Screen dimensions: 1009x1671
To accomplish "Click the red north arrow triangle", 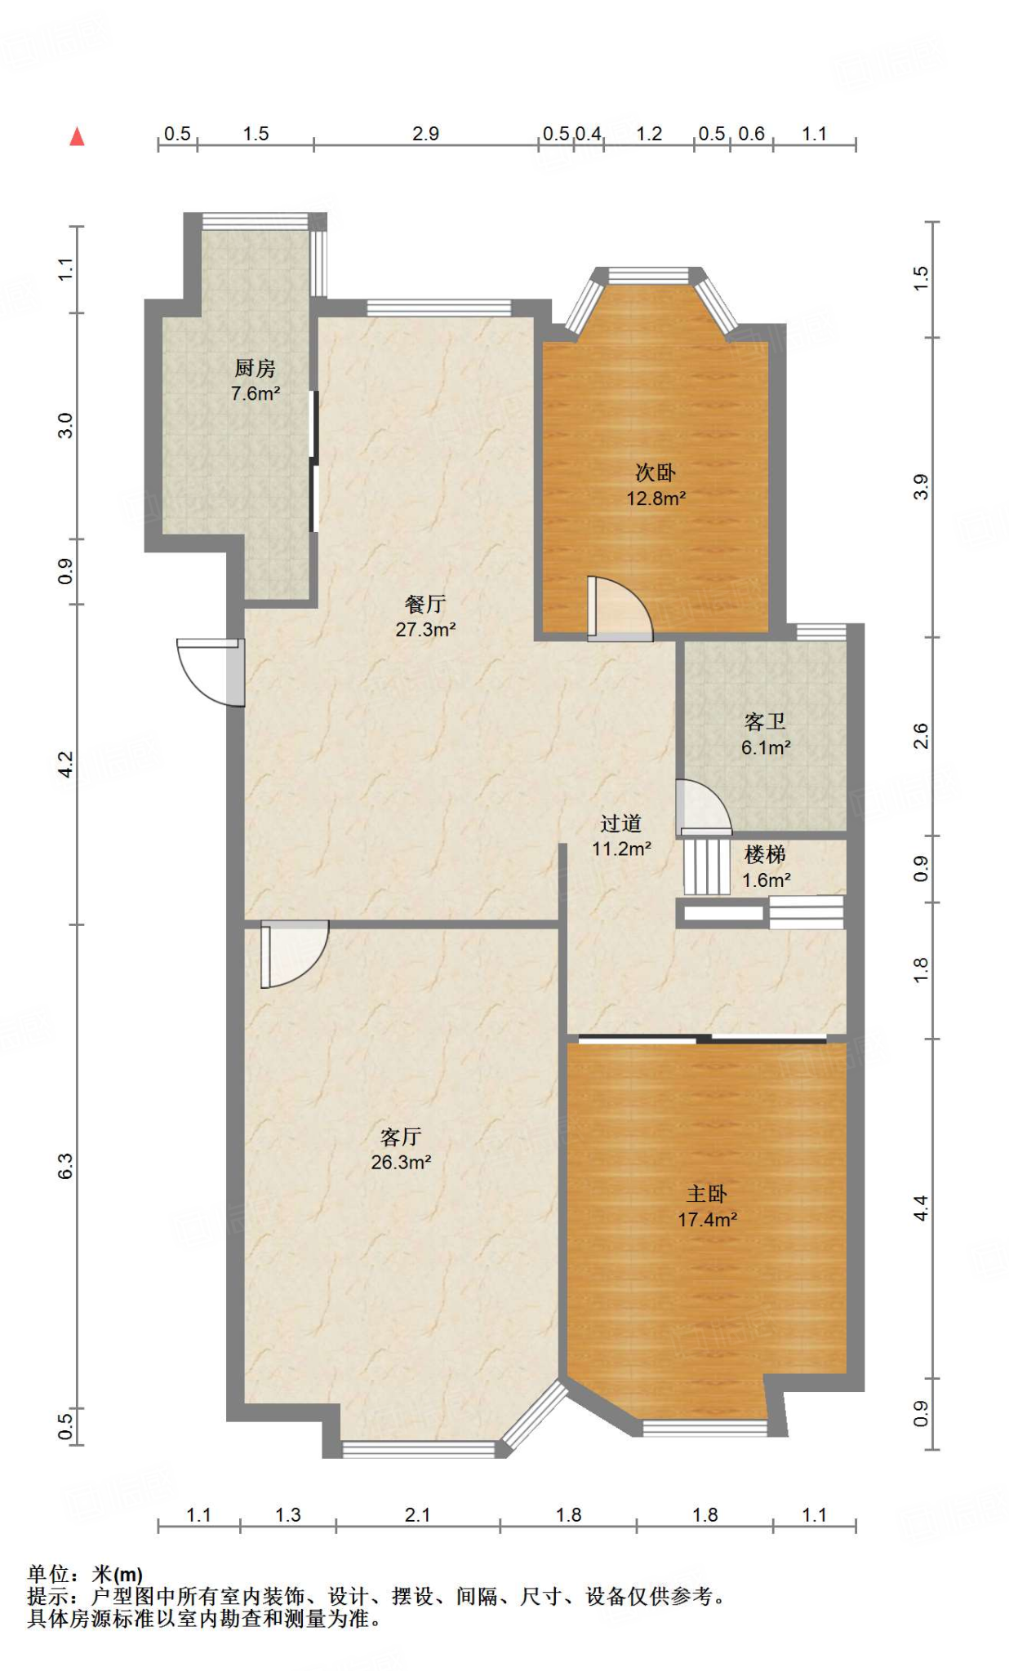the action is (78, 136).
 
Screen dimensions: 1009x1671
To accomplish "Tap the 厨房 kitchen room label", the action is (256, 369).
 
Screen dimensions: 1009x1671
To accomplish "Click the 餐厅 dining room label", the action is (425, 604).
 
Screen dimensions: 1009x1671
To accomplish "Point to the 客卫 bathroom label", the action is (766, 721).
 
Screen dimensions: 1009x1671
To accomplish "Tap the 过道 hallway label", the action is (621, 823).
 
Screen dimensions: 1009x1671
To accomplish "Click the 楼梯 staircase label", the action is (766, 854).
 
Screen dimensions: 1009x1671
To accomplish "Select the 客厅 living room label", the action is (401, 1137).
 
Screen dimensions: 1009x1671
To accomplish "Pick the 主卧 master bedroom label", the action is (707, 1194).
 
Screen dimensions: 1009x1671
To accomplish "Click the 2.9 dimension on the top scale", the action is (425, 134).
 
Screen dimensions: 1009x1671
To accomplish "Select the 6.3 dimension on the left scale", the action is (65, 1166).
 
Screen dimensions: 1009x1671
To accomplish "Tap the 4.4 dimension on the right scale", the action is (921, 1208).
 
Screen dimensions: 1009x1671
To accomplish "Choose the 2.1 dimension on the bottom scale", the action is (417, 1515).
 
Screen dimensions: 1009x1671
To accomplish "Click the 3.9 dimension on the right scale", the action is (921, 487).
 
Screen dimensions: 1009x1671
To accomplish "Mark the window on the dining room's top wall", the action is (439, 308).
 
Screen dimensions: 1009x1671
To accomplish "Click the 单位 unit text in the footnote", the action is (48, 1574).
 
